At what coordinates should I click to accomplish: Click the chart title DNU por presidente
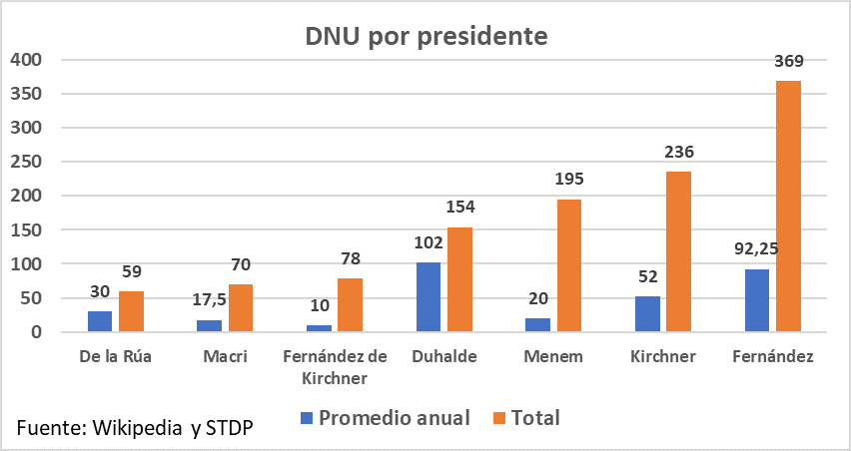(426, 37)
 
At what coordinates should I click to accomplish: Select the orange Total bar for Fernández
(788, 206)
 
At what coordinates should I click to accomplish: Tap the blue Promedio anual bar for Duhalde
(427, 296)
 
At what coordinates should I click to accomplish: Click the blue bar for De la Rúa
(99, 321)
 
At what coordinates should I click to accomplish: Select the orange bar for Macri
(241, 308)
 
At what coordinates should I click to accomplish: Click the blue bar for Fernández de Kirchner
(318, 328)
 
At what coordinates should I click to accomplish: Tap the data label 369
(788, 61)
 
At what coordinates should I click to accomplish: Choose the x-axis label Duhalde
(443, 356)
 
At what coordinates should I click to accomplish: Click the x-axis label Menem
(553, 356)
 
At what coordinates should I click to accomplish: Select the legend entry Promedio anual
(394, 418)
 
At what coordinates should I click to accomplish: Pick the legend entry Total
(535, 418)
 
